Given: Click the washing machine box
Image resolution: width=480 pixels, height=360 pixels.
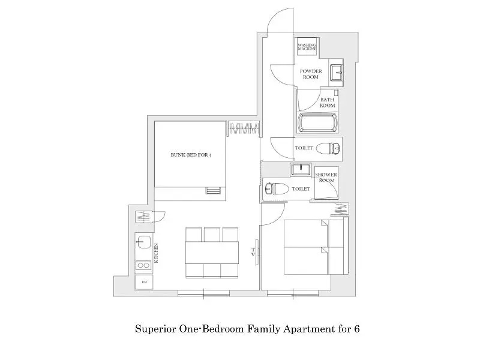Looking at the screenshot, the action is click(307, 47).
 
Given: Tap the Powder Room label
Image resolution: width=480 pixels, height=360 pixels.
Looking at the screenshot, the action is click(311, 74).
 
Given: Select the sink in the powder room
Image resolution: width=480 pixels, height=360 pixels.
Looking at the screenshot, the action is click(336, 72).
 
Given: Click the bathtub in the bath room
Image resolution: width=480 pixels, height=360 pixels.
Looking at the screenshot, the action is click(317, 123).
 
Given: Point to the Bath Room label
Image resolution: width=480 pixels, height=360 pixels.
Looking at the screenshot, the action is click(327, 103).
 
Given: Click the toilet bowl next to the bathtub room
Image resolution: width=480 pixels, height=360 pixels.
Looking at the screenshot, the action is click(328, 149).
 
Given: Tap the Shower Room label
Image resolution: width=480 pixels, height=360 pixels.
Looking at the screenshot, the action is click(326, 178).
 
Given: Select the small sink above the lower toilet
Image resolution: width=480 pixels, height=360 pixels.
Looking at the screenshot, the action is click(301, 169).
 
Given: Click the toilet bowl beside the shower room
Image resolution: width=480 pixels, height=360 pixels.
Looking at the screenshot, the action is click(277, 188).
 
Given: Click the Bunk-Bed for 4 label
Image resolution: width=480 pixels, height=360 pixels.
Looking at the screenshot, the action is click(191, 155).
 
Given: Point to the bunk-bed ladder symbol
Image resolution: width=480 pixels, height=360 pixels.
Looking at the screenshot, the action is click(214, 190).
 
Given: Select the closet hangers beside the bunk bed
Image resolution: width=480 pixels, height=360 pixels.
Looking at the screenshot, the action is click(244, 128).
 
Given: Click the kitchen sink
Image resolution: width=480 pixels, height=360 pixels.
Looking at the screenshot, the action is click(143, 242).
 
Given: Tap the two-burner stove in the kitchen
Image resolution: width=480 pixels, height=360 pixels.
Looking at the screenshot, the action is click(143, 265).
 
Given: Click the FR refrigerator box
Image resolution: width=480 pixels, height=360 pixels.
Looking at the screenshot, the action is click(144, 282).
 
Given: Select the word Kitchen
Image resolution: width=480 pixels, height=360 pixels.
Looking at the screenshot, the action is click(156, 253).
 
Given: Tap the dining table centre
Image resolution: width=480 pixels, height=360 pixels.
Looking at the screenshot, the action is click(212, 252).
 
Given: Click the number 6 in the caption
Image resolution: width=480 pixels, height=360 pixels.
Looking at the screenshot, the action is click(356, 329).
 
